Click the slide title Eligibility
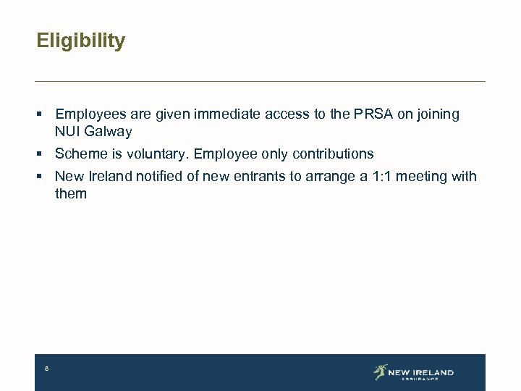[x=80, y=41]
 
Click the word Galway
[x=108, y=132]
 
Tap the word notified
[x=162, y=176]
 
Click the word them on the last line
[x=71, y=193]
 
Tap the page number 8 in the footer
[x=46, y=369]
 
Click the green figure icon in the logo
[x=381, y=371]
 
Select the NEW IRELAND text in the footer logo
[x=420, y=372]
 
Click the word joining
[x=438, y=114]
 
